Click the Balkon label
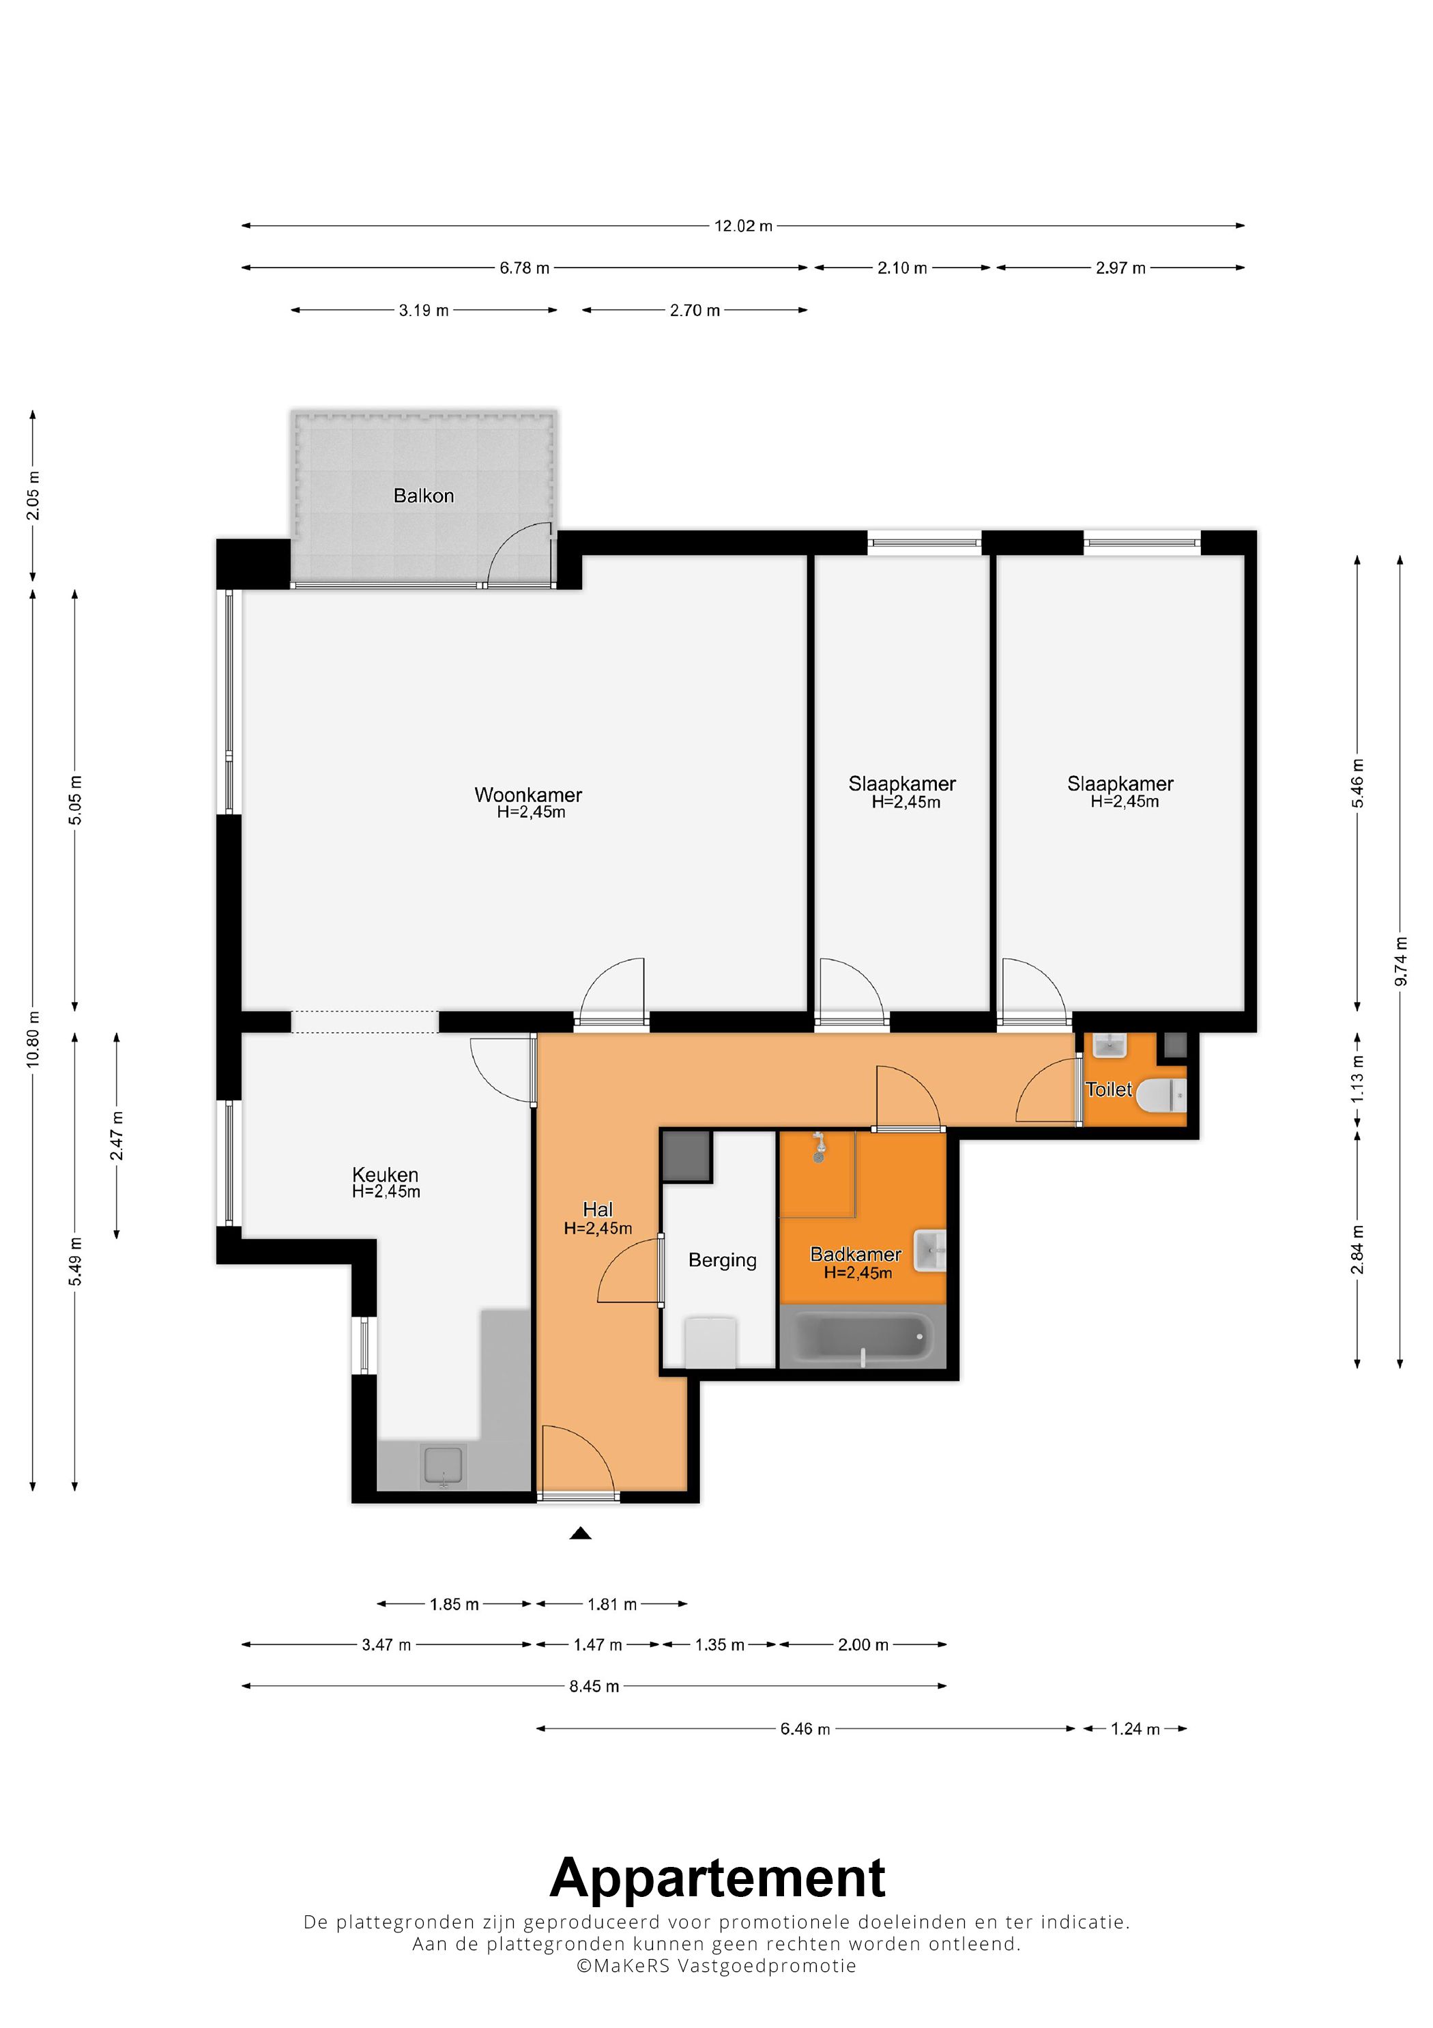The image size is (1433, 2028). (424, 496)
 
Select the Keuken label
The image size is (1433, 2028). (385, 1174)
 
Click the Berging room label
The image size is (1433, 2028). (722, 1261)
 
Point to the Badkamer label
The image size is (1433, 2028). (856, 1253)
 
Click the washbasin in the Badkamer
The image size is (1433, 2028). (929, 1250)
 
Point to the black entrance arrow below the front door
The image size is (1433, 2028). (580, 1532)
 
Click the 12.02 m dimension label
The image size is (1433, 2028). (743, 226)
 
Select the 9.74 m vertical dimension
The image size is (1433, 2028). (1400, 962)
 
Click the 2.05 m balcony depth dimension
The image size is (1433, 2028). (33, 496)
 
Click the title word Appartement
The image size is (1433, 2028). (717, 1878)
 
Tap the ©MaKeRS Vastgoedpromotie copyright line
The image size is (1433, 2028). (716, 1966)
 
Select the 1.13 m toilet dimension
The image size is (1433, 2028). (1358, 1079)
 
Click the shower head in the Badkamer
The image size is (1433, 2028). (818, 1147)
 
